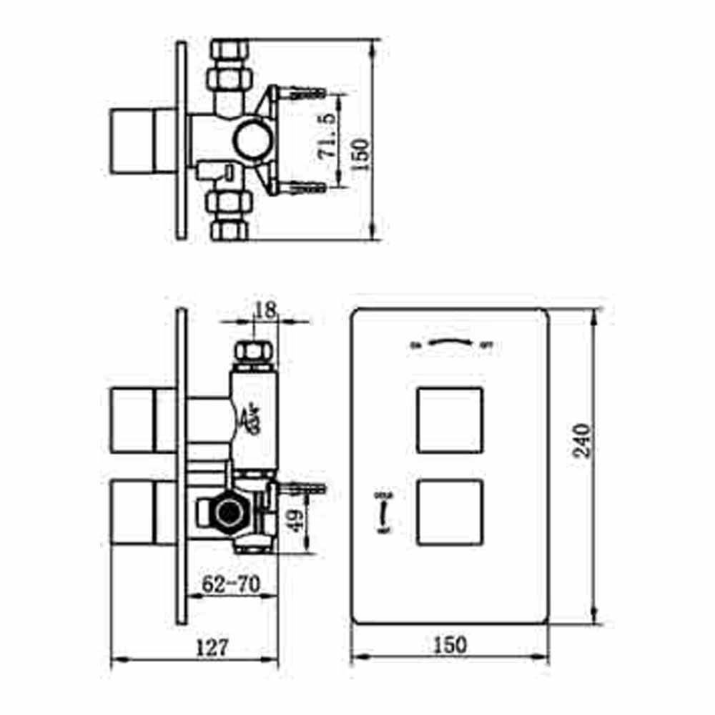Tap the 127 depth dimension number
coord(212,648)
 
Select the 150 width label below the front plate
coord(449,644)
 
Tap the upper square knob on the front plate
coord(450,420)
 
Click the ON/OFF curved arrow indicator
coord(450,343)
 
